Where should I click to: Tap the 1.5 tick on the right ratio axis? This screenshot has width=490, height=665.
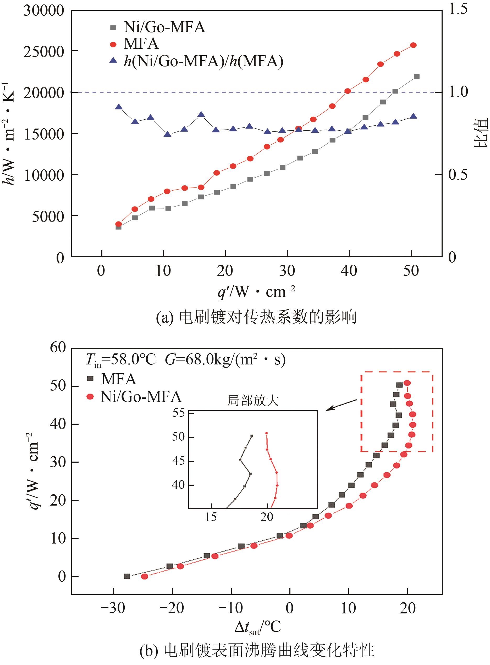[458, 9]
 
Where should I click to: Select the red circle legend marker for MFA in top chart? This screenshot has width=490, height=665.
[113, 45]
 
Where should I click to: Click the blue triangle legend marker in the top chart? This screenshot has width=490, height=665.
[113, 61]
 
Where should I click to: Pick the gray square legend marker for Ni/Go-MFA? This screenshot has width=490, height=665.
[113, 28]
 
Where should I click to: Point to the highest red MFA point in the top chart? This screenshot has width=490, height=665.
[413, 45]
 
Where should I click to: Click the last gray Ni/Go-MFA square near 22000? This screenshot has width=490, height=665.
[416, 77]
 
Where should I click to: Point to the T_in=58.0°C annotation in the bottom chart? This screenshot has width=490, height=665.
[120, 360]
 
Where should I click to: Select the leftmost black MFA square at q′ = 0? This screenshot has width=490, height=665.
[127, 576]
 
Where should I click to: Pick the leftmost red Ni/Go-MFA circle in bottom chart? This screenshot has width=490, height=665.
[145, 576]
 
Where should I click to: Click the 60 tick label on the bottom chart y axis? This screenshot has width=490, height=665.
[58, 347]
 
